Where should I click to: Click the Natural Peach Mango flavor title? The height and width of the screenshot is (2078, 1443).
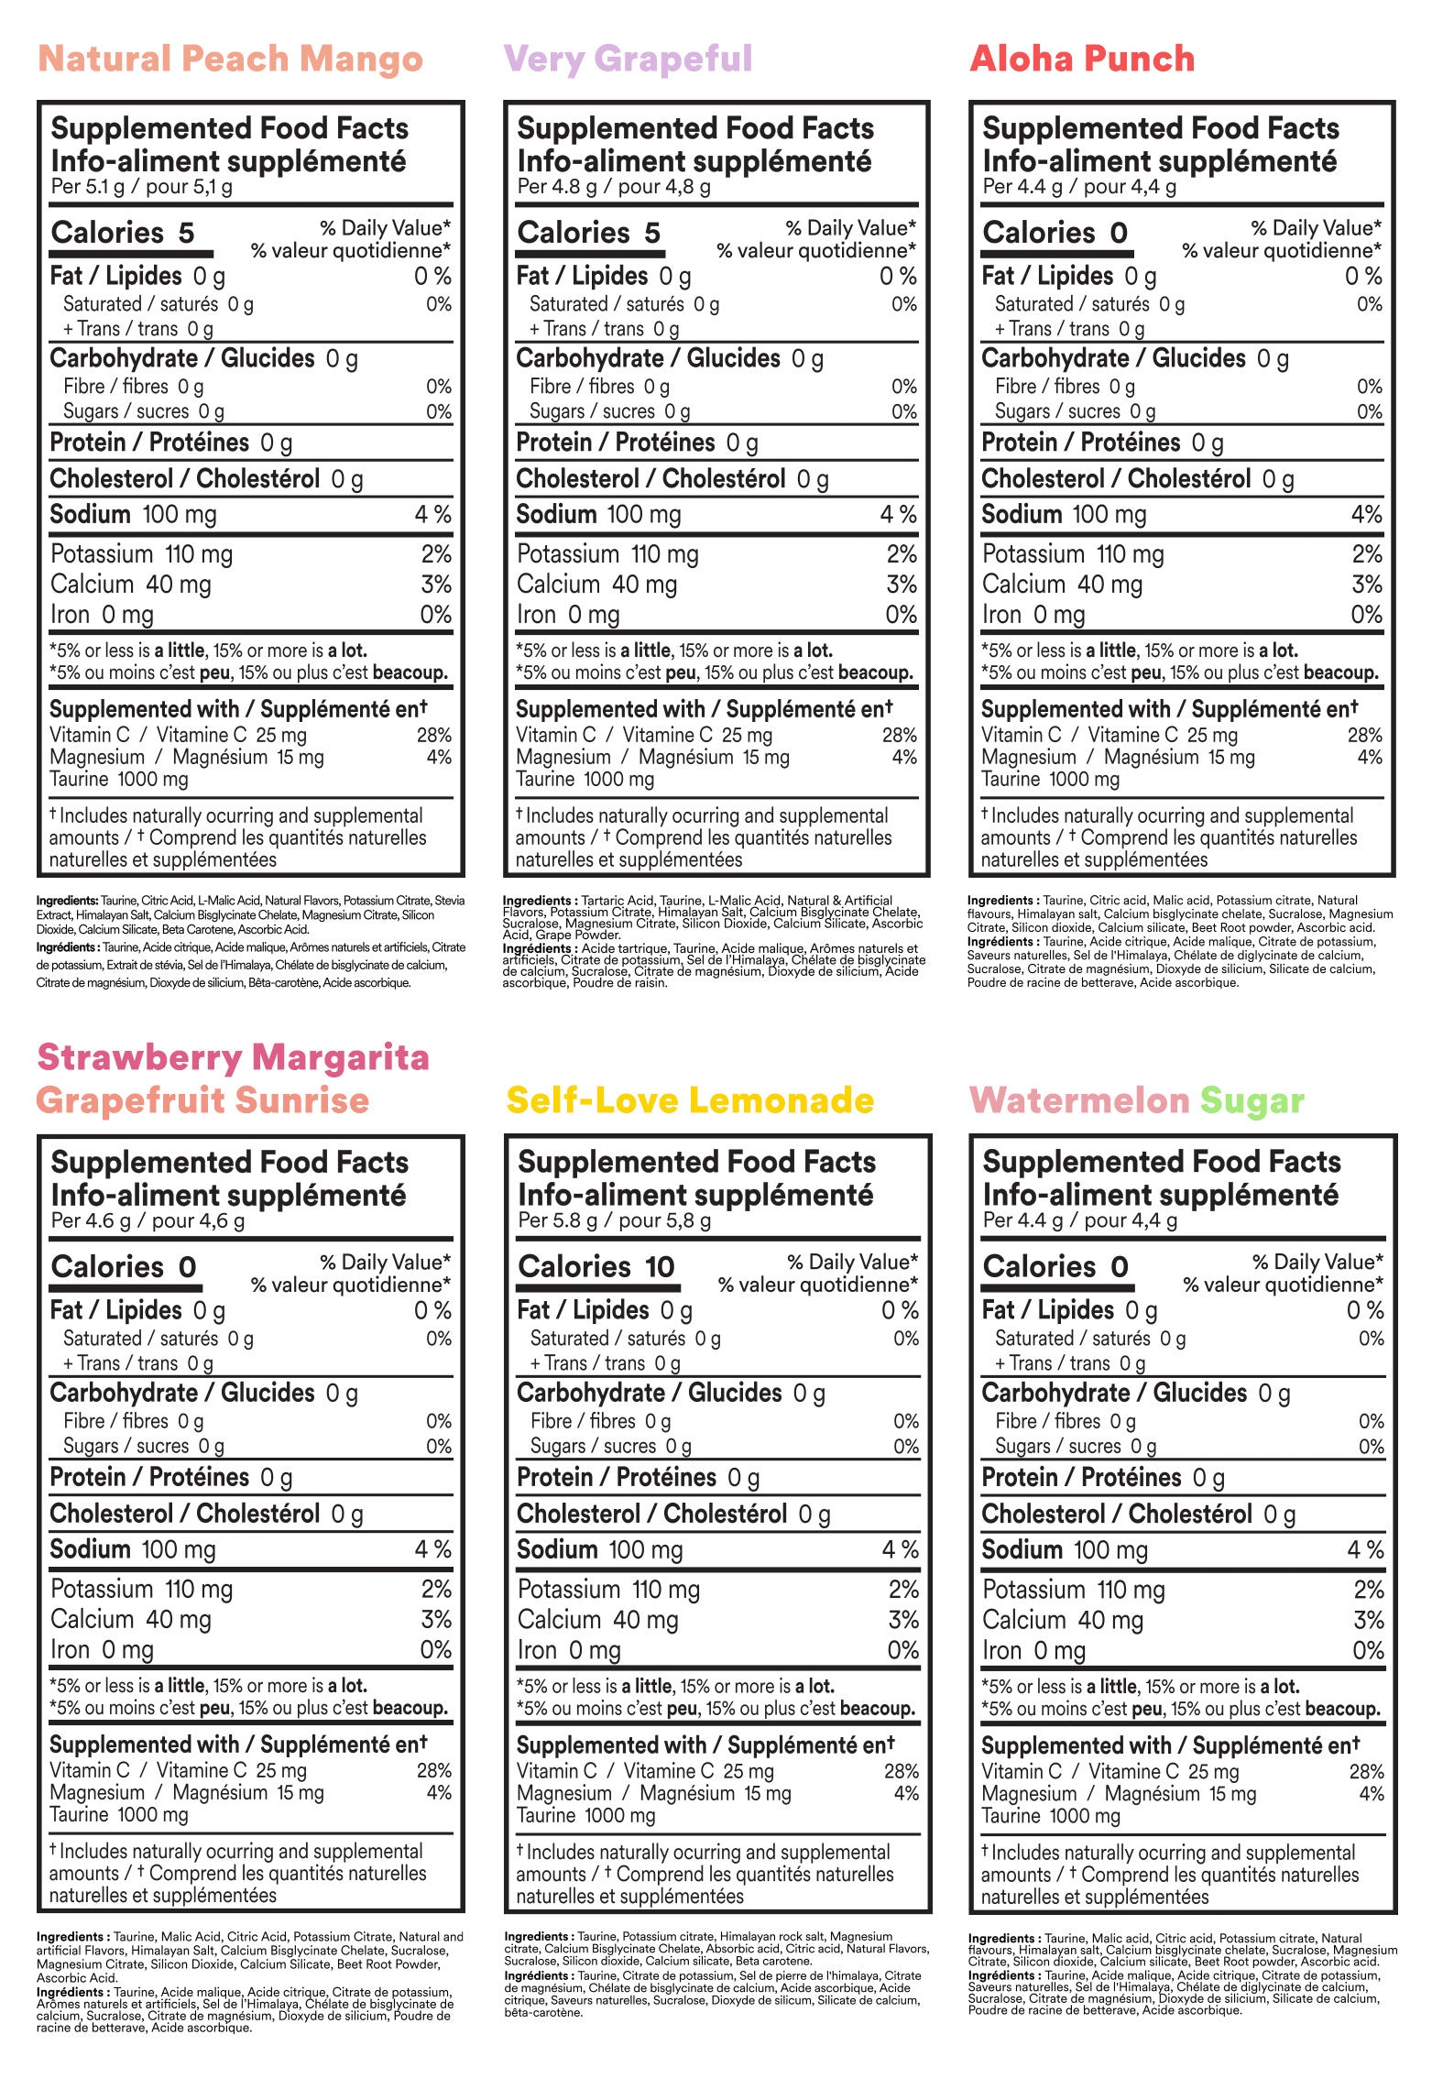point(230,60)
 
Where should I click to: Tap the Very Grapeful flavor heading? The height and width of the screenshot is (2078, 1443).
point(628,60)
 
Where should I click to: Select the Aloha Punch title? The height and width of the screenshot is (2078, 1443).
point(1082,60)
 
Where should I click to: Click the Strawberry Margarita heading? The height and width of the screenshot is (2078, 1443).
point(233,1057)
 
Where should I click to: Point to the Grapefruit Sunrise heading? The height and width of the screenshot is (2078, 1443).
point(202,1099)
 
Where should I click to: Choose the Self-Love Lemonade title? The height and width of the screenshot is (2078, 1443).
point(690,1099)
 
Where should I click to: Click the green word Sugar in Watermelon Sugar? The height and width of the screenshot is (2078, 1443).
point(1252,1100)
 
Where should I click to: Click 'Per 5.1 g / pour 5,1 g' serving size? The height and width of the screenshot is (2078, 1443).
point(142,187)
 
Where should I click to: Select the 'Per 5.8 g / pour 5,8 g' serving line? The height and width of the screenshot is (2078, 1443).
point(614,1221)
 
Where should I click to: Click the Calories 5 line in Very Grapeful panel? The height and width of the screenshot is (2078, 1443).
point(588,233)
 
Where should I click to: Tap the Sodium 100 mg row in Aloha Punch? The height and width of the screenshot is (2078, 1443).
point(1064,515)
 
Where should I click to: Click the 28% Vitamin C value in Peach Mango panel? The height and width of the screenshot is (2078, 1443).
point(433,735)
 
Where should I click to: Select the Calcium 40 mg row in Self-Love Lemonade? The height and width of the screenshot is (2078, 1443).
point(597,1620)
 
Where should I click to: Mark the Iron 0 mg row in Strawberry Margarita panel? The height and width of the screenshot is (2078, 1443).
point(102,1650)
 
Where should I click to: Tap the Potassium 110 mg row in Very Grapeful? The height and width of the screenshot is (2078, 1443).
point(607,554)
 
